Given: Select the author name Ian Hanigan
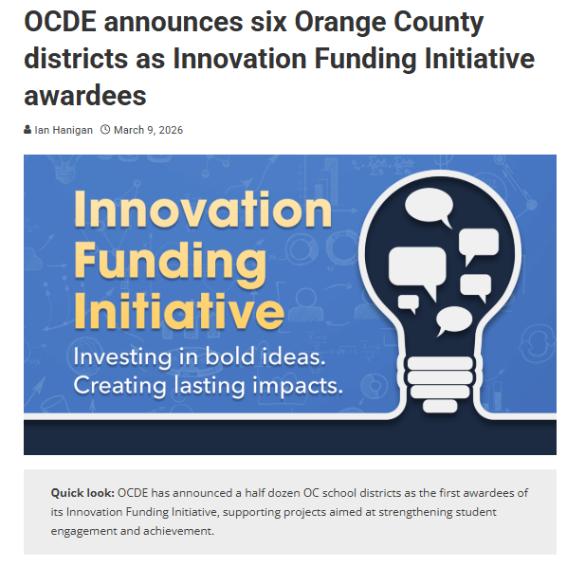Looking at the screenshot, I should click(x=64, y=130).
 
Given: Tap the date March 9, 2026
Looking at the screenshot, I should click(x=148, y=130).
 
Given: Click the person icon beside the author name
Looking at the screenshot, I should click(x=27, y=130).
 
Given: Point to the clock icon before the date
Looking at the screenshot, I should click(x=105, y=130).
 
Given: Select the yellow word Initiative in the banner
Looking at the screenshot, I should click(x=178, y=310).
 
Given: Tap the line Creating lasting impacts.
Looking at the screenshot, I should click(x=208, y=386).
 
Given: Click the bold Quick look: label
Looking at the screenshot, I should click(x=82, y=493).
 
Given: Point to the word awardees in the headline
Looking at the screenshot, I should click(x=85, y=95).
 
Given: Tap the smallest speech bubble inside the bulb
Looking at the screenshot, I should click(x=409, y=303).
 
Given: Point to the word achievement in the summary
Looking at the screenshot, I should click(x=176, y=531).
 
